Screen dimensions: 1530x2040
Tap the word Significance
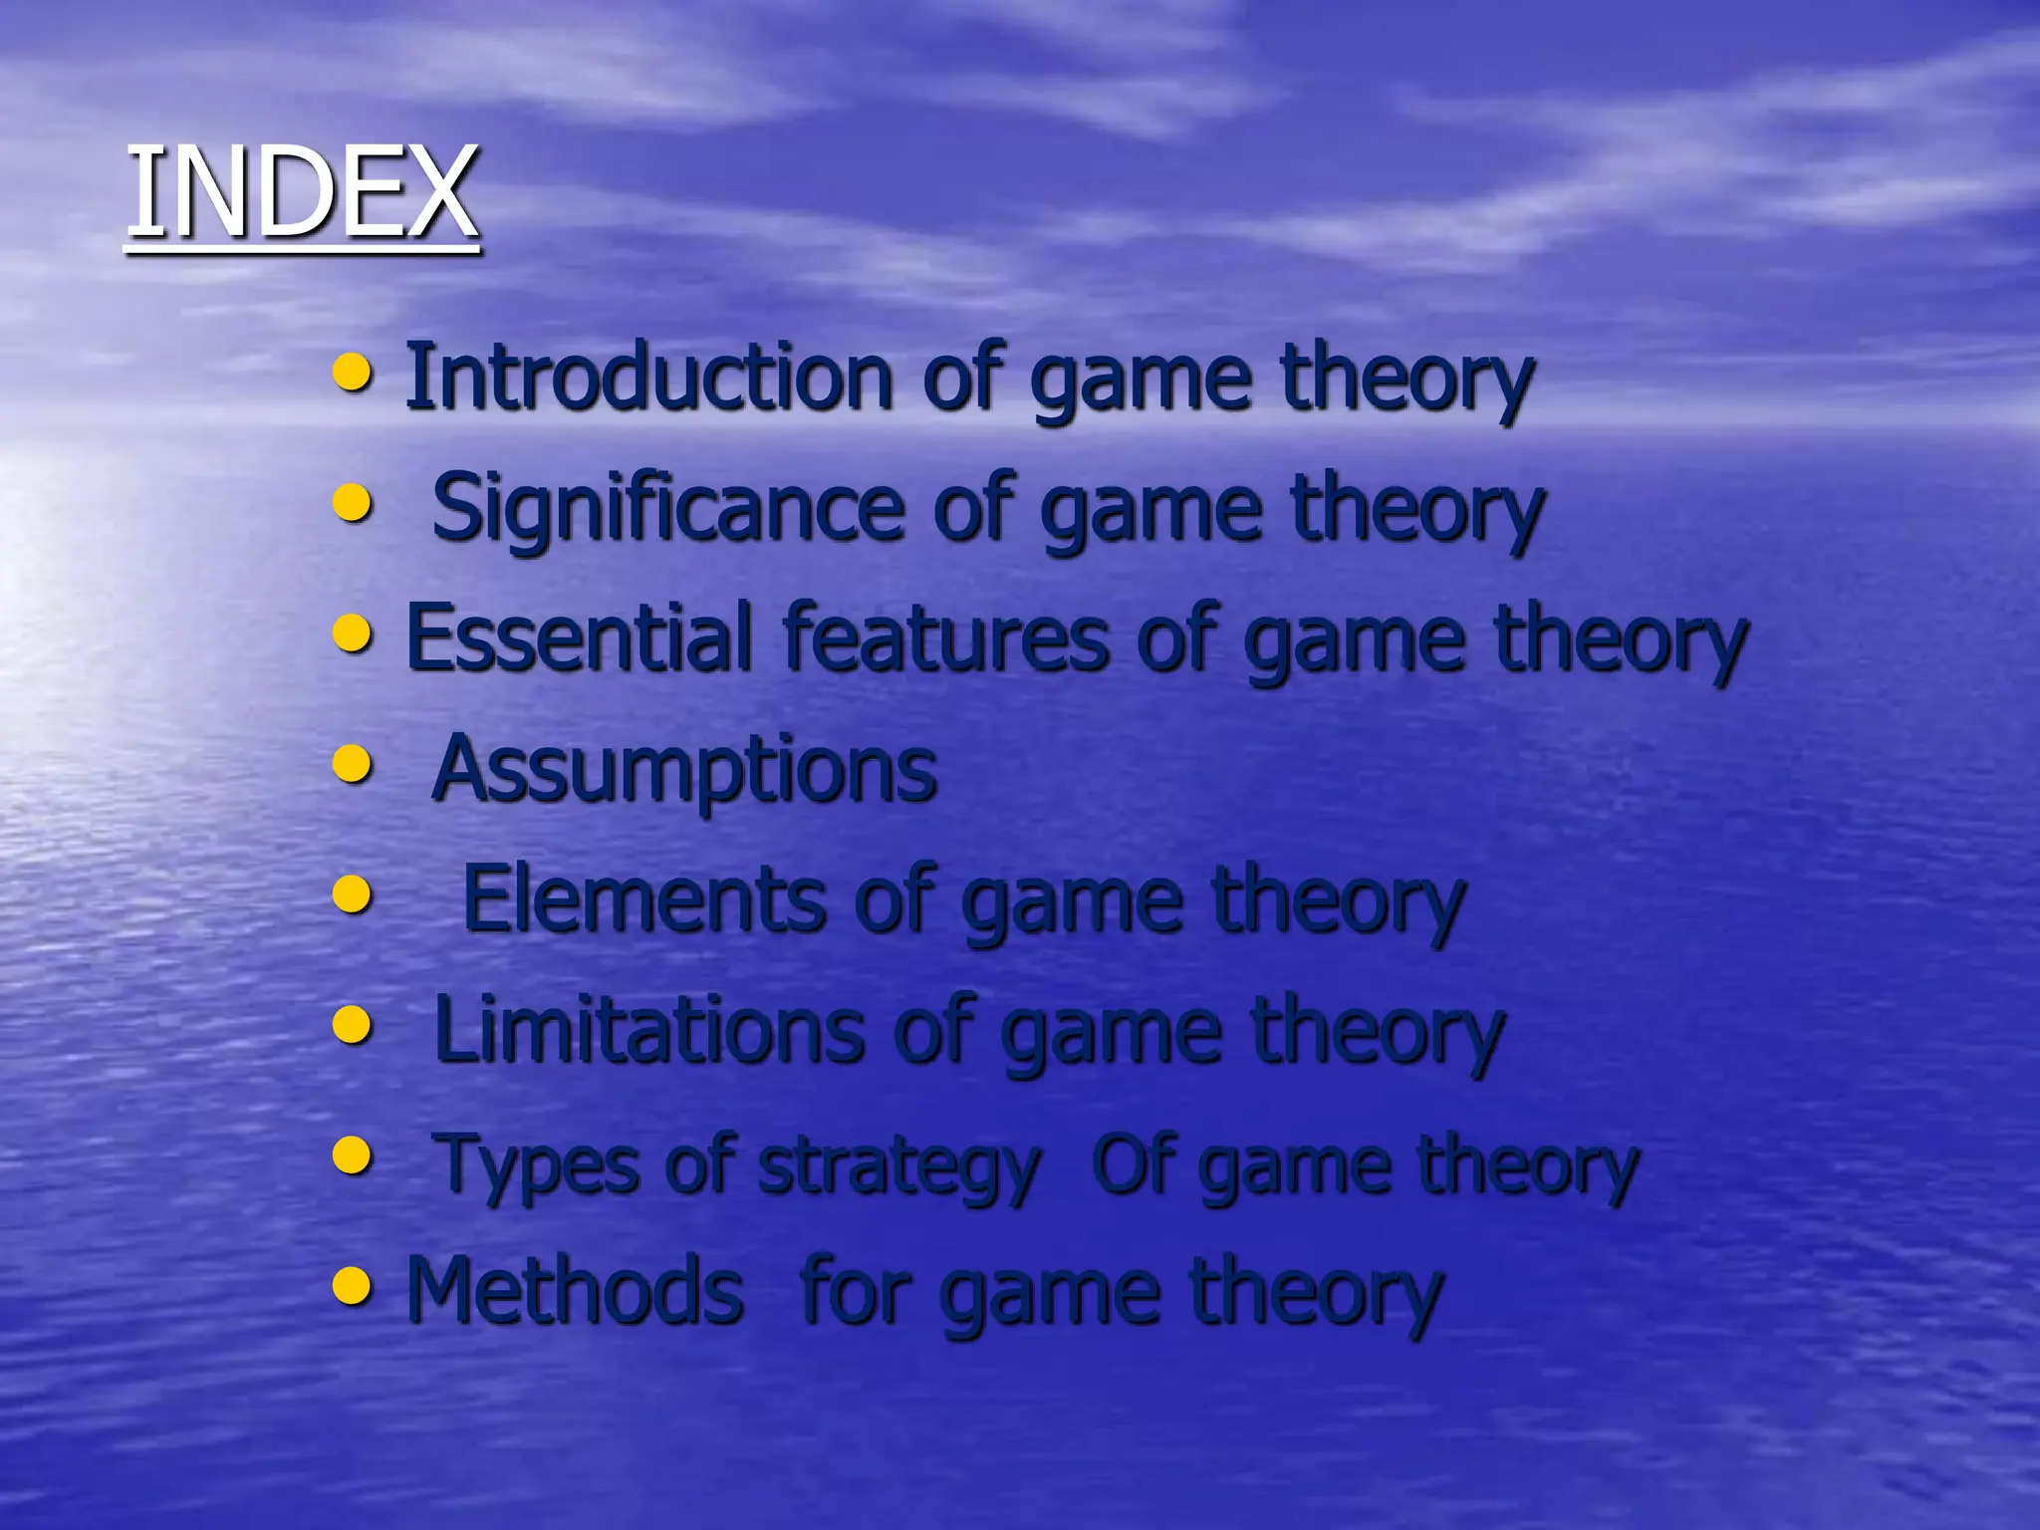click(x=667, y=509)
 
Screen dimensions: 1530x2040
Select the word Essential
click(x=579, y=638)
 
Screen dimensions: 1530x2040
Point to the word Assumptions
click(x=684, y=769)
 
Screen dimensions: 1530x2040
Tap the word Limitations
click(x=648, y=1031)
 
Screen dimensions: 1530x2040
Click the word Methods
click(x=575, y=1291)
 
